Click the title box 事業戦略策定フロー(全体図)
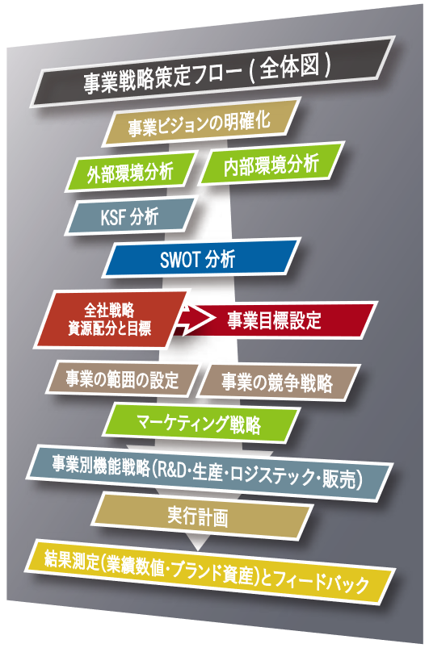tap(212, 72)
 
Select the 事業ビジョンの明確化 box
tap(201, 122)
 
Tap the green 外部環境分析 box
tap(130, 172)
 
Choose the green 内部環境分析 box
tap(271, 163)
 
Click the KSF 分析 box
tap(129, 216)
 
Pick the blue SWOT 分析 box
tap(201, 258)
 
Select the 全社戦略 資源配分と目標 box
tap(110, 320)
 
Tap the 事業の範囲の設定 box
tap(123, 379)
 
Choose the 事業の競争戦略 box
tap(278, 382)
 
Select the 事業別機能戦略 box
tap(209, 472)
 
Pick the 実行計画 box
tap(201, 516)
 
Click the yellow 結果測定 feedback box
tap(209, 571)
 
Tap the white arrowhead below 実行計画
tap(198, 542)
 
